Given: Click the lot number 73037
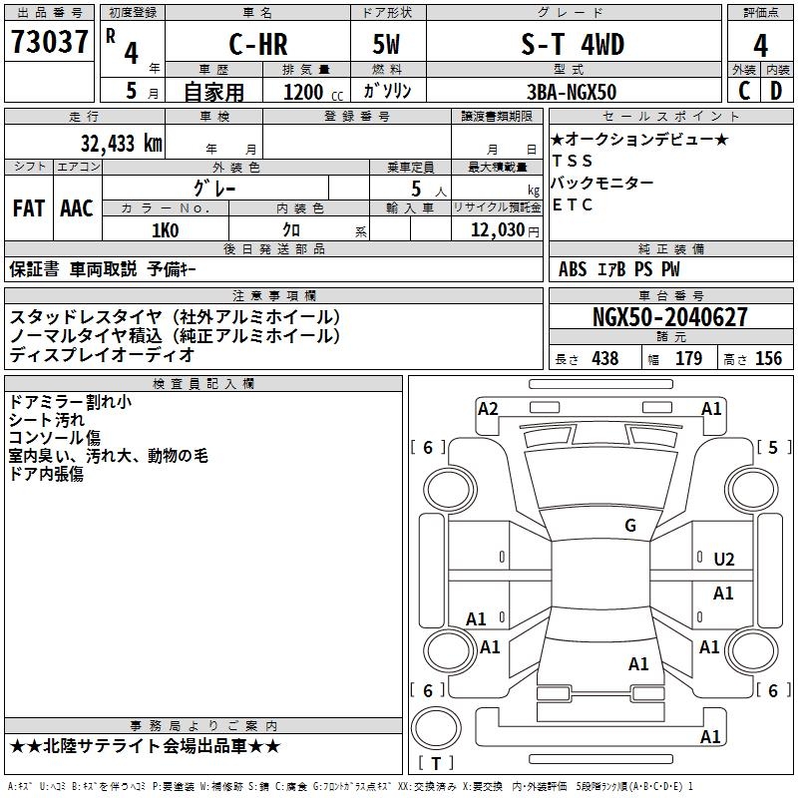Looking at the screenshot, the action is point(49,42).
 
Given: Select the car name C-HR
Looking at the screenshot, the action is point(258,44).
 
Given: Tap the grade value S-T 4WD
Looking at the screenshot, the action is point(573,44).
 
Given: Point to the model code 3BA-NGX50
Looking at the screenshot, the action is point(572,92).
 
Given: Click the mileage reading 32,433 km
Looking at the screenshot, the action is point(122,144).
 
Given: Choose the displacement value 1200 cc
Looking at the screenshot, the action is point(313,92).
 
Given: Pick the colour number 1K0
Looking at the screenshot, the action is point(166,230).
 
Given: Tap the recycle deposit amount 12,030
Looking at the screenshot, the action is point(498,230).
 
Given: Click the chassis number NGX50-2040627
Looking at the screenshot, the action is point(670,317).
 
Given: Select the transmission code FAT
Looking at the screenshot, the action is point(29,208).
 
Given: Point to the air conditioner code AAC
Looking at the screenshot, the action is point(77,208).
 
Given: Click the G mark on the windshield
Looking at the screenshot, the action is point(630,525).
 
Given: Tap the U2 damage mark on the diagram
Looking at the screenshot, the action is point(724,560).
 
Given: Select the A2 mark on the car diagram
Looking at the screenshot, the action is point(488,409).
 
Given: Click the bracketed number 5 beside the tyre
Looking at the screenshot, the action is point(773,447).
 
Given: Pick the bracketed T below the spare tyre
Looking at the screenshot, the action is point(436,763).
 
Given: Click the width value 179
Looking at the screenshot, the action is point(688,358).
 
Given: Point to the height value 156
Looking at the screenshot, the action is point(768,358).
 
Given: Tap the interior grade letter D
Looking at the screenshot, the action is point(776,91).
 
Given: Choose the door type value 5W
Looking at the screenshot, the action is point(386,44).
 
